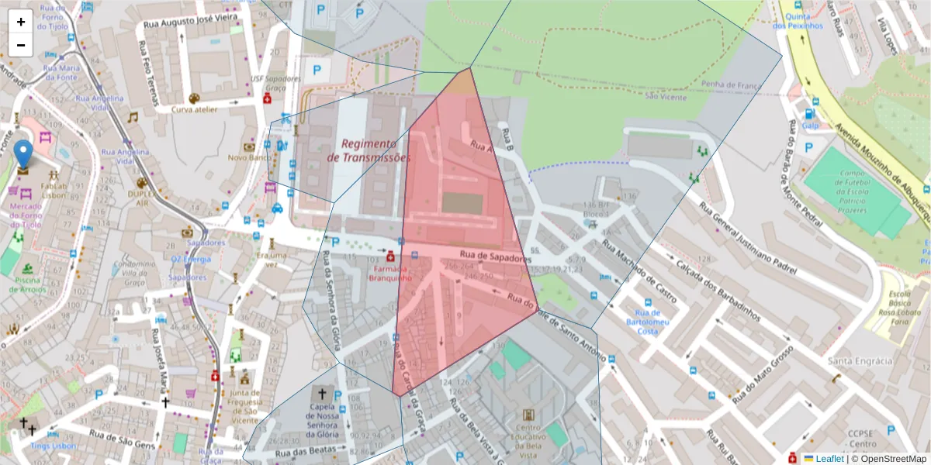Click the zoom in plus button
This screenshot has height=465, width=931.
21,22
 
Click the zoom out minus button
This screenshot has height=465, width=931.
21,45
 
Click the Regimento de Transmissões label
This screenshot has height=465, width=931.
369,150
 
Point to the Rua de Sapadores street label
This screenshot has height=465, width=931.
496,256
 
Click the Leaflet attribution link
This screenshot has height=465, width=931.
829,459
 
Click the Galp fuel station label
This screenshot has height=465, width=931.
810,125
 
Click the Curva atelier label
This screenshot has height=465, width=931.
194,109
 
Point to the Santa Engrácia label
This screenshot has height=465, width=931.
860,361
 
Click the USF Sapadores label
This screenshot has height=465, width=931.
275,79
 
